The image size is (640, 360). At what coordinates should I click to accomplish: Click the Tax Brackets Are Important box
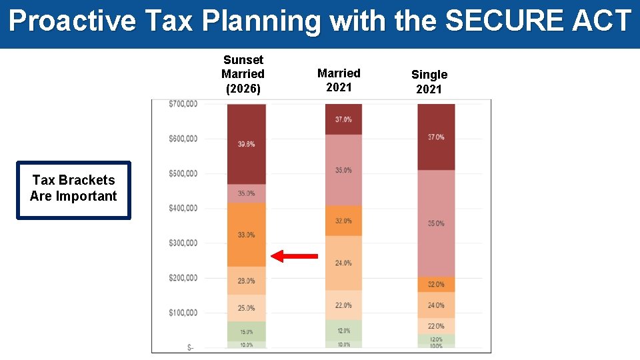(73, 190)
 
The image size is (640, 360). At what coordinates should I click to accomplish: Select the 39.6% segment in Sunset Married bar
(246, 144)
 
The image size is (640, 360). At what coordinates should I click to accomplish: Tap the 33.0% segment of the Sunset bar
(246, 235)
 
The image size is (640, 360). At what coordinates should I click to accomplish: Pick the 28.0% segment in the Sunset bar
(246, 281)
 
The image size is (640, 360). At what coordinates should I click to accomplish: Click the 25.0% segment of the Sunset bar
(246, 308)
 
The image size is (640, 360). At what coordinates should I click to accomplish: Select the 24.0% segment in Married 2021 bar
(343, 263)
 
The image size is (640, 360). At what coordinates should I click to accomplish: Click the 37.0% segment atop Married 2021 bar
(343, 119)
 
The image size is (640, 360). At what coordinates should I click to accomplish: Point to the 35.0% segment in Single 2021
(436, 223)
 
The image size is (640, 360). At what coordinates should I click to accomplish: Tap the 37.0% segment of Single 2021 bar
(436, 137)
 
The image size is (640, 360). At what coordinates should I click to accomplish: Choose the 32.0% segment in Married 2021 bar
(343, 221)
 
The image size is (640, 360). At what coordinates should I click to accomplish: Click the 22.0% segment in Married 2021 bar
(343, 305)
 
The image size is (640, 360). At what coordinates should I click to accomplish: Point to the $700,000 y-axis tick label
(183, 103)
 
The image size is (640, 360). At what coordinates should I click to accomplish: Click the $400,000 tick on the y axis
(183, 208)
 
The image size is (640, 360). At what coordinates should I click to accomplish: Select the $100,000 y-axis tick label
(183, 313)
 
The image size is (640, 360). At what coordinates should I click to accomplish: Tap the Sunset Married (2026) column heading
(243, 74)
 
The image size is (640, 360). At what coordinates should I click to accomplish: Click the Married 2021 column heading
(339, 80)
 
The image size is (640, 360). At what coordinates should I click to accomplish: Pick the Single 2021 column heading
(429, 81)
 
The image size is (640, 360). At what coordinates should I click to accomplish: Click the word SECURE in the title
(496, 21)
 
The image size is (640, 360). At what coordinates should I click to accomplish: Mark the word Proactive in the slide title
(72, 21)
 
